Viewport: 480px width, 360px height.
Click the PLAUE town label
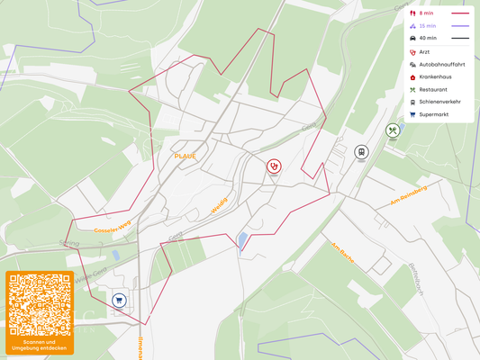[x=185, y=156]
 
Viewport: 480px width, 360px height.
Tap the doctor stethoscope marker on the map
[x=273, y=166]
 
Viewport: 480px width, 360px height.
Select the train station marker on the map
[x=361, y=152]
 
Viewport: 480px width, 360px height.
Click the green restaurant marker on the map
[x=393, y=130]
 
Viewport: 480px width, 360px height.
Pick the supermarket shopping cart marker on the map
[x=119, y=300]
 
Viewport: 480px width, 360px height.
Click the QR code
[x=39, y=304]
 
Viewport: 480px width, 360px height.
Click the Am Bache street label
[x=342, y=255]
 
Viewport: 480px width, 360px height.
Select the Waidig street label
[x=219, y=206]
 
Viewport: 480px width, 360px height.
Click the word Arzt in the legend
[x=424, y=52]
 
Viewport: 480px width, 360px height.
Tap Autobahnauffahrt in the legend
[x=441, y=65]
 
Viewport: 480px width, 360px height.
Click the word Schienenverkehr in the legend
[x=439, y=102]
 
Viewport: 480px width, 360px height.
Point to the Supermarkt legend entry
[x=433, y=114]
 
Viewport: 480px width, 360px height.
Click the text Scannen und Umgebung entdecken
[x=39, y=345]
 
